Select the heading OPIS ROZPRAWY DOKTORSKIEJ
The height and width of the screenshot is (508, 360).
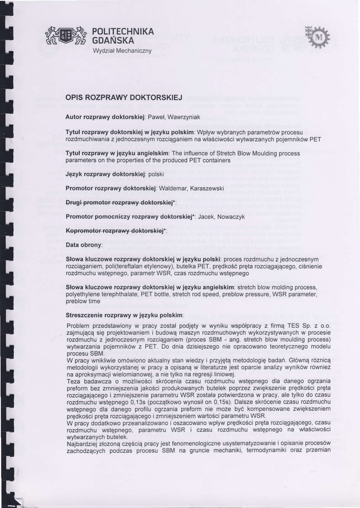(118, 98)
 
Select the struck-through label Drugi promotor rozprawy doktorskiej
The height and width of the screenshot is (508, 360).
(118, 203)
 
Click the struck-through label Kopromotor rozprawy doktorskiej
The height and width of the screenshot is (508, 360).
(115, 231)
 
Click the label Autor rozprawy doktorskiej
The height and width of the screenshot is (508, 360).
(104, 117)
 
